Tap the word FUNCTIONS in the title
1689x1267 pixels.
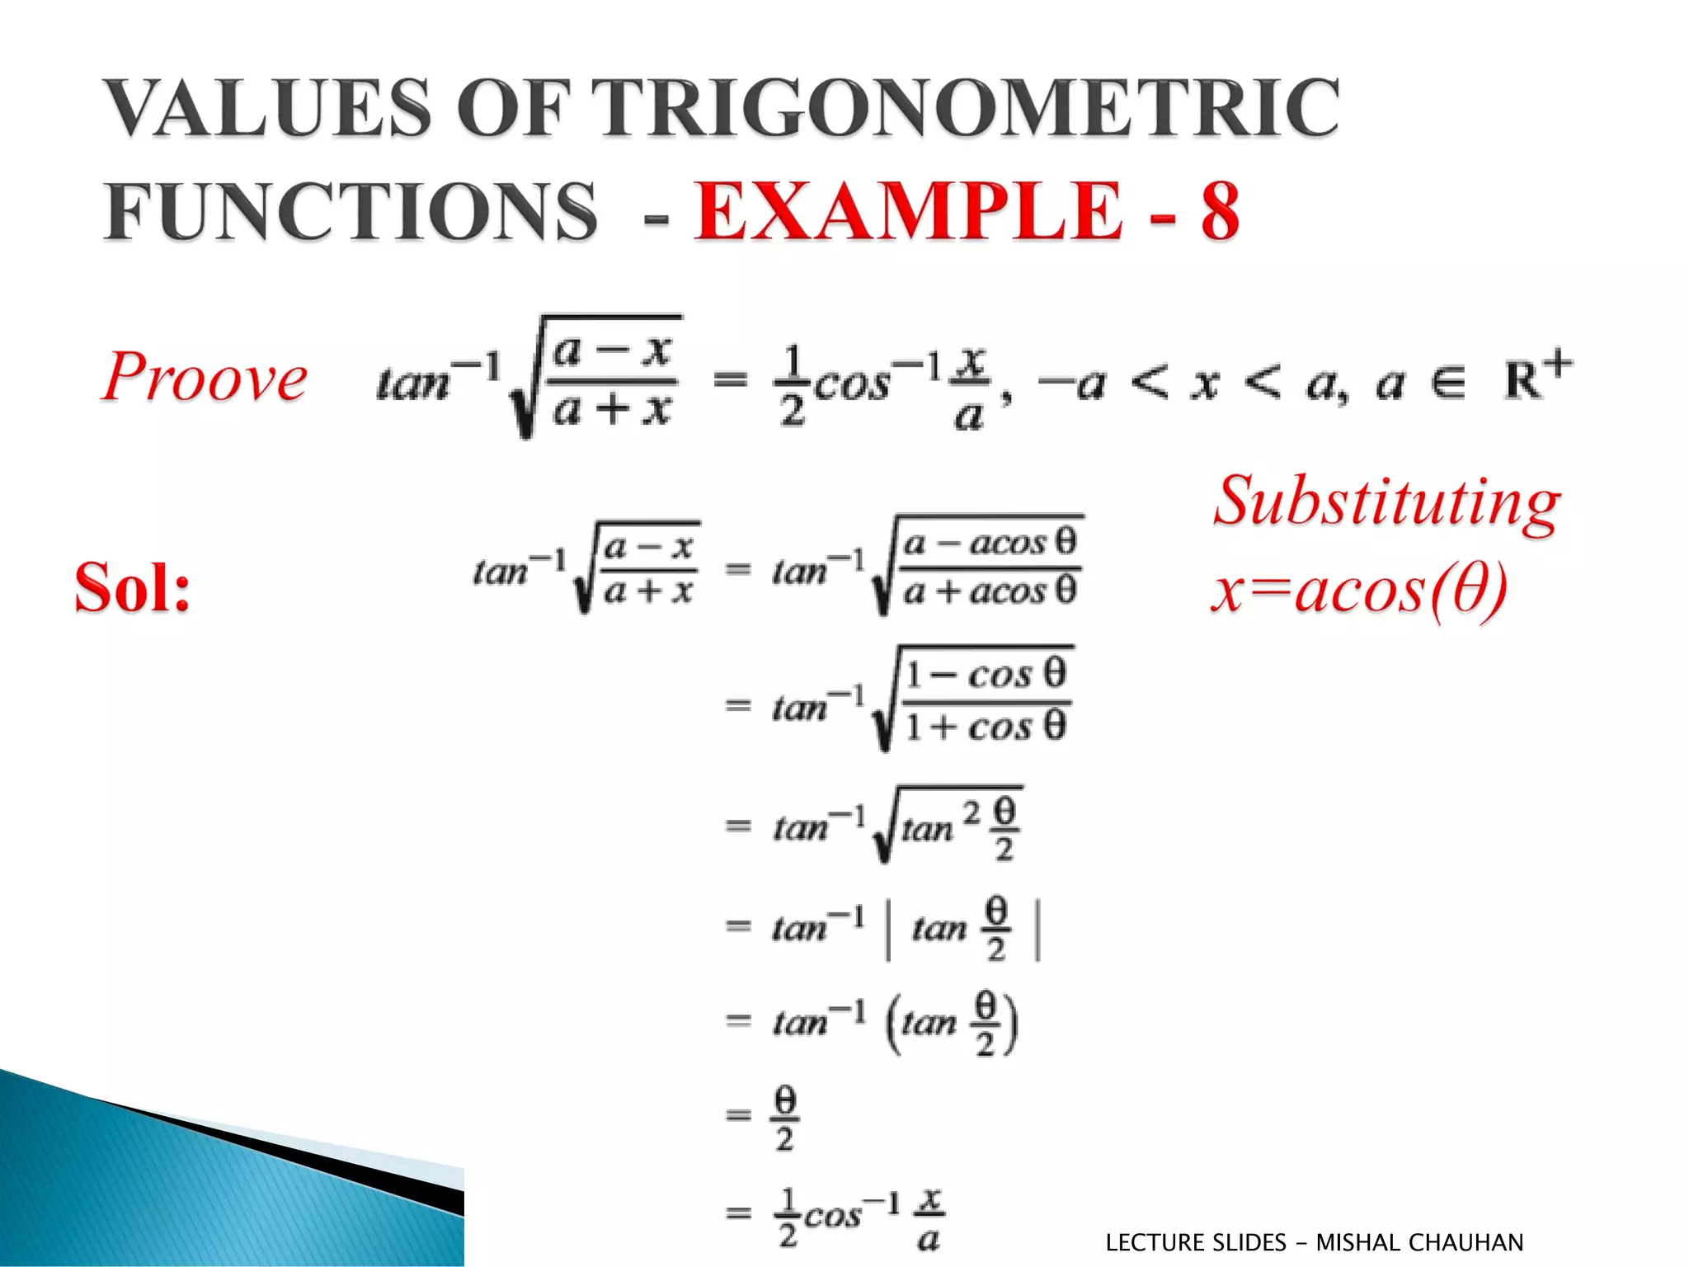[x=350, y=211]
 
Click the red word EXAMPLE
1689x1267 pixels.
[x=908, y=211]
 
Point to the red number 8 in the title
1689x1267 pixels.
[x=1219, y=211]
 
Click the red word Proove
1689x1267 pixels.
[x=205, y=378]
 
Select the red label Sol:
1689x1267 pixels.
[x=132, y=587]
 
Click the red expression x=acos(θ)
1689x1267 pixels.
[x=1359, y=591]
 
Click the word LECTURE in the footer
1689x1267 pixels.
[x=1155, y=1242]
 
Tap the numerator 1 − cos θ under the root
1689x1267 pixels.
[x=986, y=674]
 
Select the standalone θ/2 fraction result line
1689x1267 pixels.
[x=784, y=1118]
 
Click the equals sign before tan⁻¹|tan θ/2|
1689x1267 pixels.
[x=738, y=926]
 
